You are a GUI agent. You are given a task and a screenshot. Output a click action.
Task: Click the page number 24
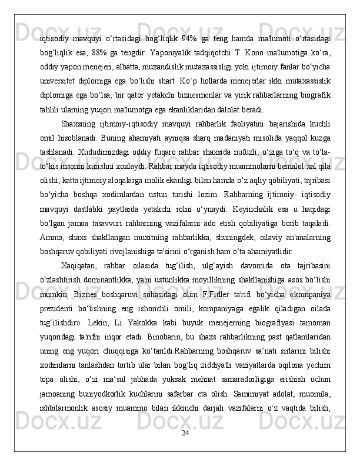185,450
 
